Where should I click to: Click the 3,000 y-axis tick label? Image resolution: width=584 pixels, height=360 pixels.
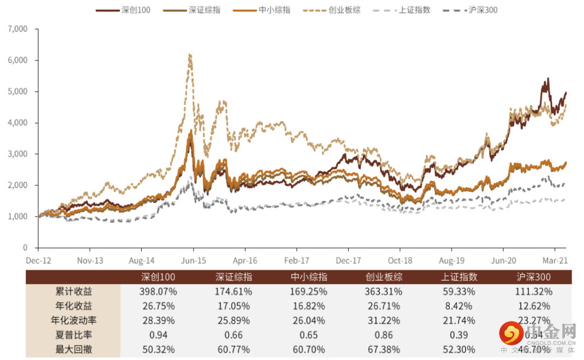tap(17, 154)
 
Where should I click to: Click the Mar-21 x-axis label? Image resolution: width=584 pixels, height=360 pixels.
tap(555, 261)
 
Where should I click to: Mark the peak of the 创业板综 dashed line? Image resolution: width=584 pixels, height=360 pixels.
tap(190, 55)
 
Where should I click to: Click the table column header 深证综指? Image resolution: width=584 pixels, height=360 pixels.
tap(234, 277)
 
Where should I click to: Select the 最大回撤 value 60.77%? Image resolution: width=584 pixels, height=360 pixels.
tap(234, 349)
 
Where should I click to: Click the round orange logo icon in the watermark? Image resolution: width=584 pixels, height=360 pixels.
tap(510, 334)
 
